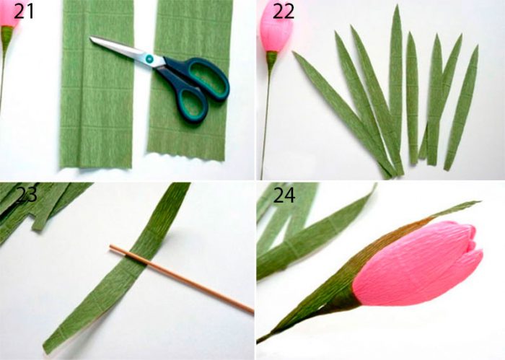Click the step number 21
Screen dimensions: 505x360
(x=24, y=12)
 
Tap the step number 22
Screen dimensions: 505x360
(x=284, y=12)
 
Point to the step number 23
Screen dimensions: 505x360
(x=27, y=194)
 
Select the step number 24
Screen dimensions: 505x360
(x=284, y=195)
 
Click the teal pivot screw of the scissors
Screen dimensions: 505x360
(x=150, y=59)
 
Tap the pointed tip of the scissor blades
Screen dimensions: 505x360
(x=91, y=38)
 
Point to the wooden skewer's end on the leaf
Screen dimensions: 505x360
(x=111, y=247)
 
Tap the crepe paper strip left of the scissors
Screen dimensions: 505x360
(x=97, y=84)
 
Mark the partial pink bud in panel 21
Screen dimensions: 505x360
(x=8, y=14)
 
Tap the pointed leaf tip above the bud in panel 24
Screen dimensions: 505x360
(x=479, y=202)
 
